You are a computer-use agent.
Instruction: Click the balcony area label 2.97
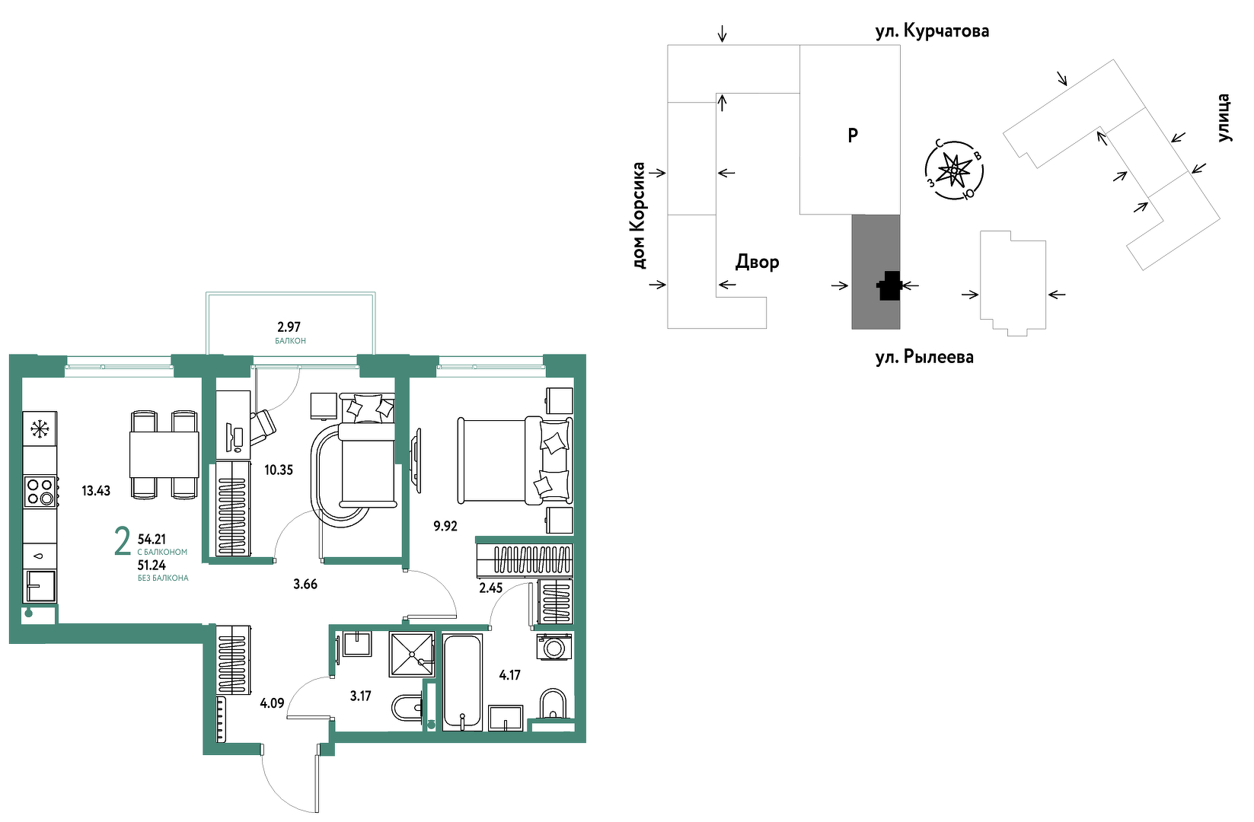tap(289, 327)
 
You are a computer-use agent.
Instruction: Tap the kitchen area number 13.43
tap(96, 491)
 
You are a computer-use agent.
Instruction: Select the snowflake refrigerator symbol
tap(40, 430)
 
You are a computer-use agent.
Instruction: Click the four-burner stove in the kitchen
tap(40, 492)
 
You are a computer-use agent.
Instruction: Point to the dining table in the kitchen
tap(164, 454)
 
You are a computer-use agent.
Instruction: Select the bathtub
tap(462, 682)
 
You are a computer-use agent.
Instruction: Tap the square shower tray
tap(412, 654)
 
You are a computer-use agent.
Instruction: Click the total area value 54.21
tap(152, 540)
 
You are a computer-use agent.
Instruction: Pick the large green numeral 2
tap(122, 541)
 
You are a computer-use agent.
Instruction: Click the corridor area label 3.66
tap(305, 585)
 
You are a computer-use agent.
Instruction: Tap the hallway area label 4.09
tap(272, 703)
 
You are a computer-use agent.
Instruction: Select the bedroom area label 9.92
tap(445, 526)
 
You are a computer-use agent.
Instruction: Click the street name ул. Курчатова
tap(932, 31)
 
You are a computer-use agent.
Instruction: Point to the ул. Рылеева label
tap(924, 357)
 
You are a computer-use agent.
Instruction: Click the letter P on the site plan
tap(853, 135)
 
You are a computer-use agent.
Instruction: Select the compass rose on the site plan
tap(954, 170)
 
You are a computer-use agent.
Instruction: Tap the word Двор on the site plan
tap(757, 262)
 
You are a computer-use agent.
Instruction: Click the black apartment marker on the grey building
tap(889, 285)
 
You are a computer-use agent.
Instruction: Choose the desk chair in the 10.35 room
tap(263, 428)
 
